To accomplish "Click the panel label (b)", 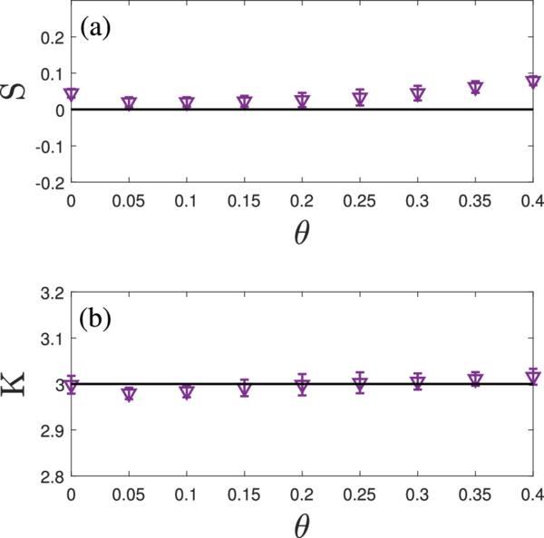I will click(x=95, y=321).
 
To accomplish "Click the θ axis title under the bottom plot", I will click(x=302, y=524).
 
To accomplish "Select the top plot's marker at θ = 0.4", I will click(x=533, y=82).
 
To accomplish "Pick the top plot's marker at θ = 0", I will click(x=72, y=94).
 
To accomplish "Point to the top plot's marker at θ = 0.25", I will click(x=360, y=98).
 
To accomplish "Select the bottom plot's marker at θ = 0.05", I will click(x=129, y=394).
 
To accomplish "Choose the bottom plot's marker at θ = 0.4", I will click(x=533, y=375).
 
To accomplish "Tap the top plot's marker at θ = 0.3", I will click(x=418, y=93).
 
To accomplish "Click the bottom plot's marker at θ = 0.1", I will click(x=187, y=392).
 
